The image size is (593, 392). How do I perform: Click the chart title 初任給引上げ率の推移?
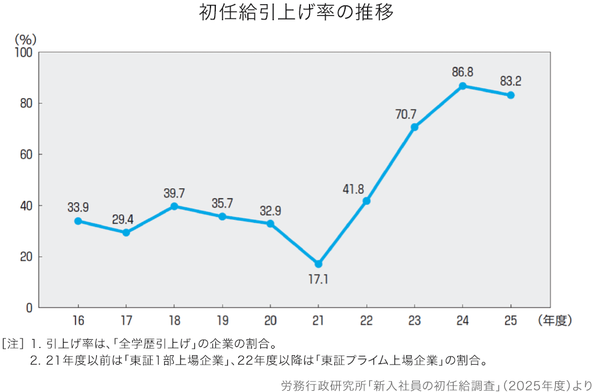coord(296,13)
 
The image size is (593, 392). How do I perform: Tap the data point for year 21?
coord(318,264)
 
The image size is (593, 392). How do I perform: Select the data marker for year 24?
coord(463,86)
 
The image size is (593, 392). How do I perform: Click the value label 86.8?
coord(463,72)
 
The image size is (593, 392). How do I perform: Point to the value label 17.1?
coord(318,279)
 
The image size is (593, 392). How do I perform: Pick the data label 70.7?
coord(406,113)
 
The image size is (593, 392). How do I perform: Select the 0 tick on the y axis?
coord(28,308)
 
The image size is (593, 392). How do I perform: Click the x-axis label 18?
coord(174,321)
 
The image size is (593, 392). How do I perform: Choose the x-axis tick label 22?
coord(366,321)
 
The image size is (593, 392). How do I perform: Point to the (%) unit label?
coord(25,39)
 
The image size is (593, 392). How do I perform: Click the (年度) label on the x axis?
coord(555,321)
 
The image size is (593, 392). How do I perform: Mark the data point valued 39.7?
coord(174,206)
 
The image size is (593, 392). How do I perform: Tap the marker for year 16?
coord(78,221)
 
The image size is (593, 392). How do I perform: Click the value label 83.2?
coord(511,81)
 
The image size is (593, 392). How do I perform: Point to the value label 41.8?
coord(353,189)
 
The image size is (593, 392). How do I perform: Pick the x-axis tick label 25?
coord(511,321)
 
